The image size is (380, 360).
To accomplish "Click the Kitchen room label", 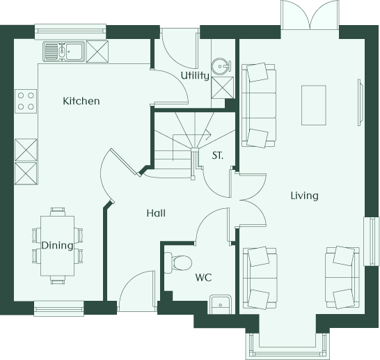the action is [81, 101].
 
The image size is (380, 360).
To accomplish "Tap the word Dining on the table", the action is [57, 246].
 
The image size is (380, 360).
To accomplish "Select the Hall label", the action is [157, 213].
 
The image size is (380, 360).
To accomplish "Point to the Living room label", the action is [304, 196].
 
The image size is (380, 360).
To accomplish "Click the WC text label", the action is [203, 277].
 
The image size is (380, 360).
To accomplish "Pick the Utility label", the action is [195, 76].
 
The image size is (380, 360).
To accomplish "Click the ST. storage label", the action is [217, 155].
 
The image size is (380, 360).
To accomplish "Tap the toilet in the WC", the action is [178, 263].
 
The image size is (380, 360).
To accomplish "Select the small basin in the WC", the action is [221, 304].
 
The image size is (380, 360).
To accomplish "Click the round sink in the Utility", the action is [221, 66].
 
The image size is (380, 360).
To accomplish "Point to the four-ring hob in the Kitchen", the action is [26, 101].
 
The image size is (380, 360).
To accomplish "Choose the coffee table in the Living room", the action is [314, 105].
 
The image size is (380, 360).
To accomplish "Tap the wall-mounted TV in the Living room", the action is [360, 102].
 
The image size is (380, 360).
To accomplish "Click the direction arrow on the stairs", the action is [191, 135].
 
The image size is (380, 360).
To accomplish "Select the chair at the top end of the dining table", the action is [58, 212].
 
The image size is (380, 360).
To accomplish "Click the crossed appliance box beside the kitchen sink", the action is [97, 52].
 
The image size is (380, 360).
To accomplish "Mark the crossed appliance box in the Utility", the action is [223, 88].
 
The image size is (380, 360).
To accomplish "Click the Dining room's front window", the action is [59, 308].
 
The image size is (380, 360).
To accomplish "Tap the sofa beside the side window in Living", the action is [342, 278].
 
